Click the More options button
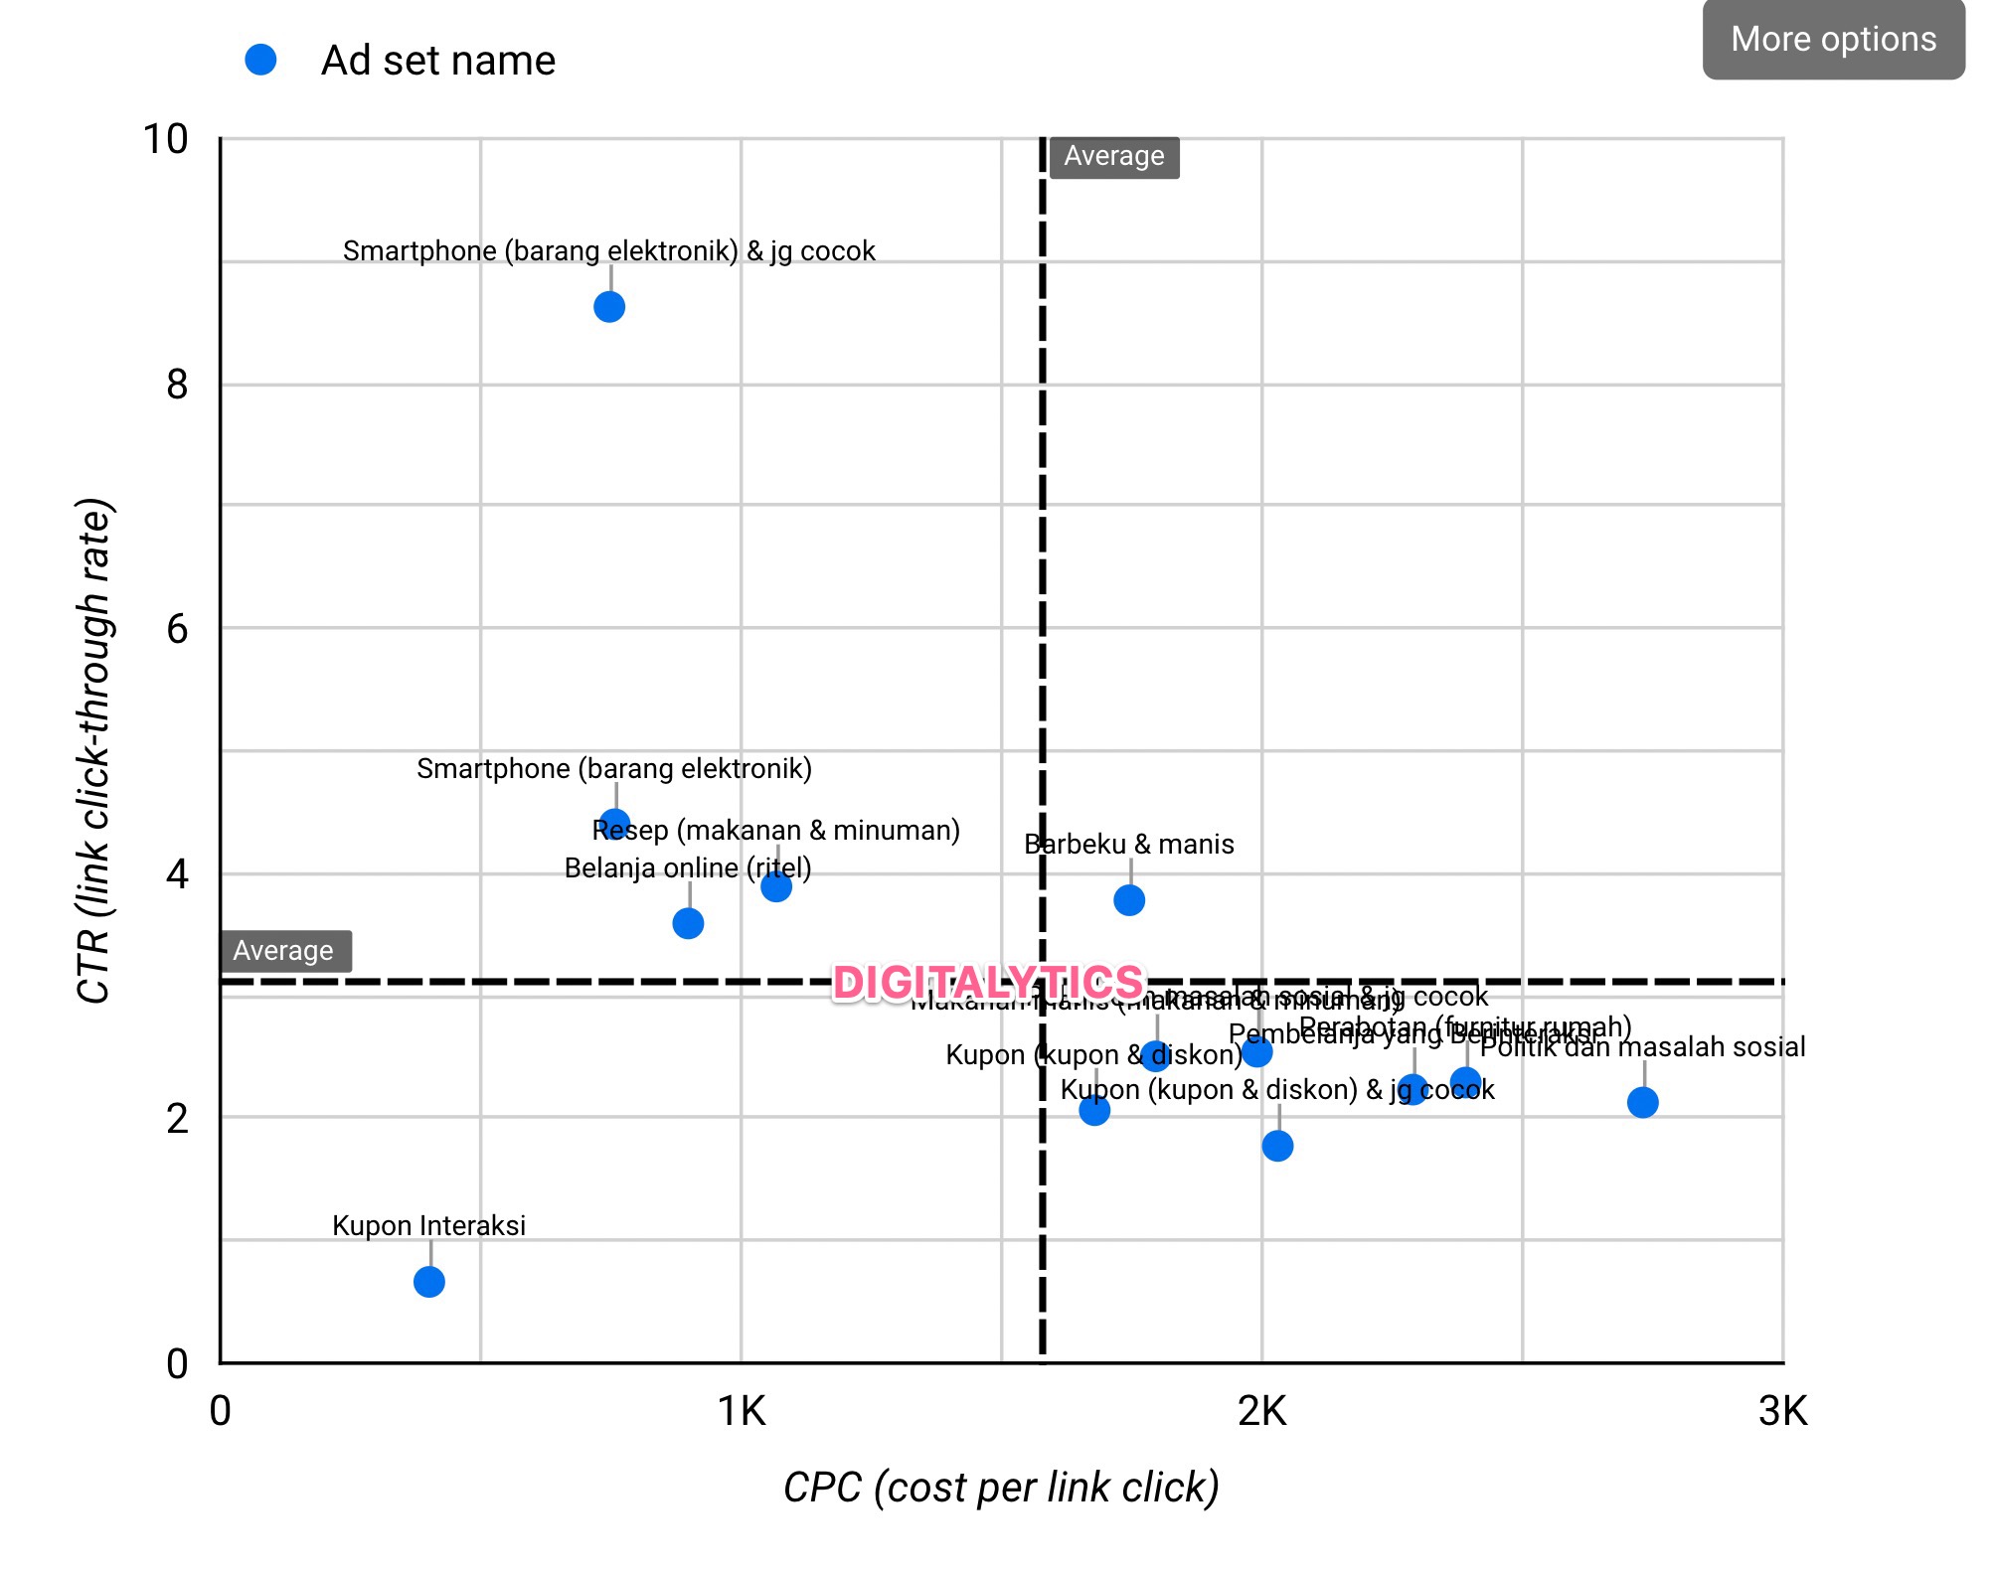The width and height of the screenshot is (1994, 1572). [1833, 40]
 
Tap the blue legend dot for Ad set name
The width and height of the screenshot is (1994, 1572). [260, 60]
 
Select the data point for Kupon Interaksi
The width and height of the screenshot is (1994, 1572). [428, 1282]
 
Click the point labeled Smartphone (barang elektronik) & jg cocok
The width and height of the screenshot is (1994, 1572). [609, 307]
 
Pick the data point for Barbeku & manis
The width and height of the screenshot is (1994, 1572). [1129, 900]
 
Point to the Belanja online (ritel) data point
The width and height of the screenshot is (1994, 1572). [688, 923]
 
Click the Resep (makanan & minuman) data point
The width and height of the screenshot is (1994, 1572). [776, 886]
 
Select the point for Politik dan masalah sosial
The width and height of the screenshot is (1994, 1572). [1643, 1102]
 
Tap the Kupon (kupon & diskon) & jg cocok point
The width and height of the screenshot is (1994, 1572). [1277, 1146]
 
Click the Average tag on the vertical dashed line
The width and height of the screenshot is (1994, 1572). [1114, 157]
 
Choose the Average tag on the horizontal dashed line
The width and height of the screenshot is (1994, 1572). [284, 951]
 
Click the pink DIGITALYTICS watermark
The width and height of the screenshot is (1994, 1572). [988, 983]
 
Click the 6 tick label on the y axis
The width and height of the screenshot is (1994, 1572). [177, 629]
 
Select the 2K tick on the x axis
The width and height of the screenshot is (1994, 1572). [1261, 1411]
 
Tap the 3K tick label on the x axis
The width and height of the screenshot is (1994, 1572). [1782, 1411]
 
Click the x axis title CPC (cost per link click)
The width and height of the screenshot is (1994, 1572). [1001, 1488]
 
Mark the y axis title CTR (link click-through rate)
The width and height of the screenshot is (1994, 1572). [94, 751]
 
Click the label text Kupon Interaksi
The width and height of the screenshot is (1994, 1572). [428, 1225]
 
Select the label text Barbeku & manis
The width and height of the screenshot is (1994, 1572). [1129, 845]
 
